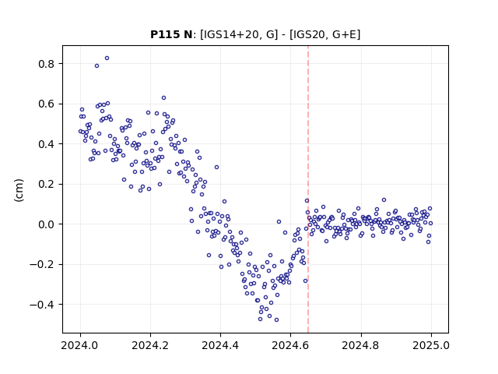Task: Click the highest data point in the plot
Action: pos(107,58)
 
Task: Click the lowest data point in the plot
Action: pos(277,320)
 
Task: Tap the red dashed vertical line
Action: pos(308,189)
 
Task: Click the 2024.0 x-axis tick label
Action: pos(80,345)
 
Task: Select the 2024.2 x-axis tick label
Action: pos(150,345)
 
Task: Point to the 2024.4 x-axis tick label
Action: pos(220,345)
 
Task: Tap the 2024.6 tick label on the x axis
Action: pos(290,345)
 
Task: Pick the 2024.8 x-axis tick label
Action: pos(361,345)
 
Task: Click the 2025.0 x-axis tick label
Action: pos(431,345)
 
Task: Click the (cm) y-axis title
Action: pos(19,189)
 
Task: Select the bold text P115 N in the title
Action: pos(171,34)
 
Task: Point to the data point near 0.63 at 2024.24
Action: pos(163,98)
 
